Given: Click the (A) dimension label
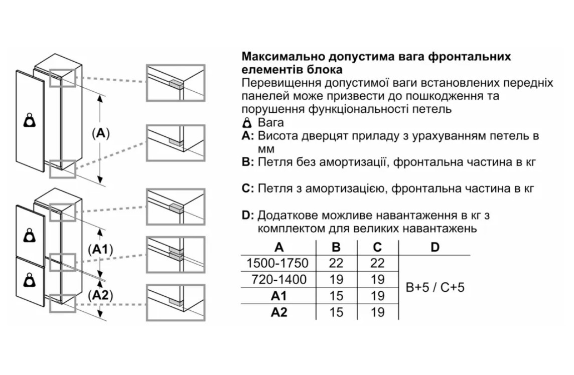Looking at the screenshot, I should [101, 134].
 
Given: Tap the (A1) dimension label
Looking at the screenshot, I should [100, 250].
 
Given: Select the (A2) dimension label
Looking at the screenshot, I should [100, 296].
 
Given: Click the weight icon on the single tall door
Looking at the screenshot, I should [30, 121].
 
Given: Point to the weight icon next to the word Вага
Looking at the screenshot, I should [246, 123].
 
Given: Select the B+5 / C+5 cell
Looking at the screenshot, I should [435, 288].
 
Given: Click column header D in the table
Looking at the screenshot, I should [435, 247].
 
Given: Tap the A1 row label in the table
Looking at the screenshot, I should [279, 296].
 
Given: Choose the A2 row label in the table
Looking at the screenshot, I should [279, 312].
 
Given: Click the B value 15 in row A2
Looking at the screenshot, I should [336, 312].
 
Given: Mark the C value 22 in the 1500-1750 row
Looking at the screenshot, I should [377, 263].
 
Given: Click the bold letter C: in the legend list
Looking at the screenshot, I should [248, 189].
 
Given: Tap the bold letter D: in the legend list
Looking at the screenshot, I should [248, 216].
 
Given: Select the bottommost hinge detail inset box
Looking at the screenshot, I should [176, 302].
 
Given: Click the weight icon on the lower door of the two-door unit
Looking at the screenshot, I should [30, 279].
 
